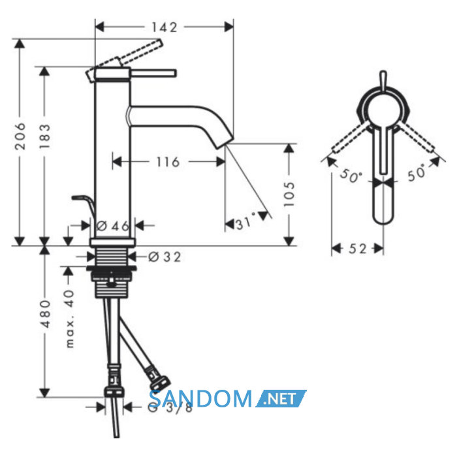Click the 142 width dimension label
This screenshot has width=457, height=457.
point(164,27)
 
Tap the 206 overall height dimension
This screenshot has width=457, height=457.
point(20,136)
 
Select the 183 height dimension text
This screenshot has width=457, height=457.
point(45,136)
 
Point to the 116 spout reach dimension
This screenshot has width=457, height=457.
point(168,162)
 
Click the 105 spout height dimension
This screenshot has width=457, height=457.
point(289,194)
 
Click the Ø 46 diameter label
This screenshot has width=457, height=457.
point(112,226)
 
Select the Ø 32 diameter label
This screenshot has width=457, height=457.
point(165,257)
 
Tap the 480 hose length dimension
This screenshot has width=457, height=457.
point(45,313)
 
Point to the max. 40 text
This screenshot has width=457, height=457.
point(69,319)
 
